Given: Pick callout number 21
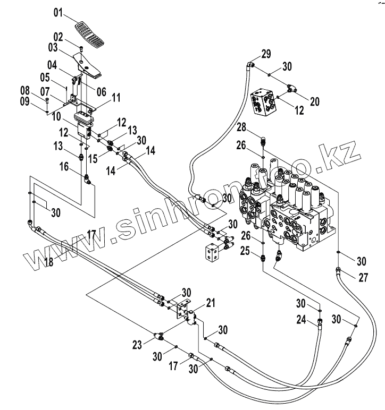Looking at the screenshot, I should (211, 303).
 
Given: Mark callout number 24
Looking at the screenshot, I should (302, 320).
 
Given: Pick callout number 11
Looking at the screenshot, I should (116, 97).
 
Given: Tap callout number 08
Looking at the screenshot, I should (39, 89).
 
